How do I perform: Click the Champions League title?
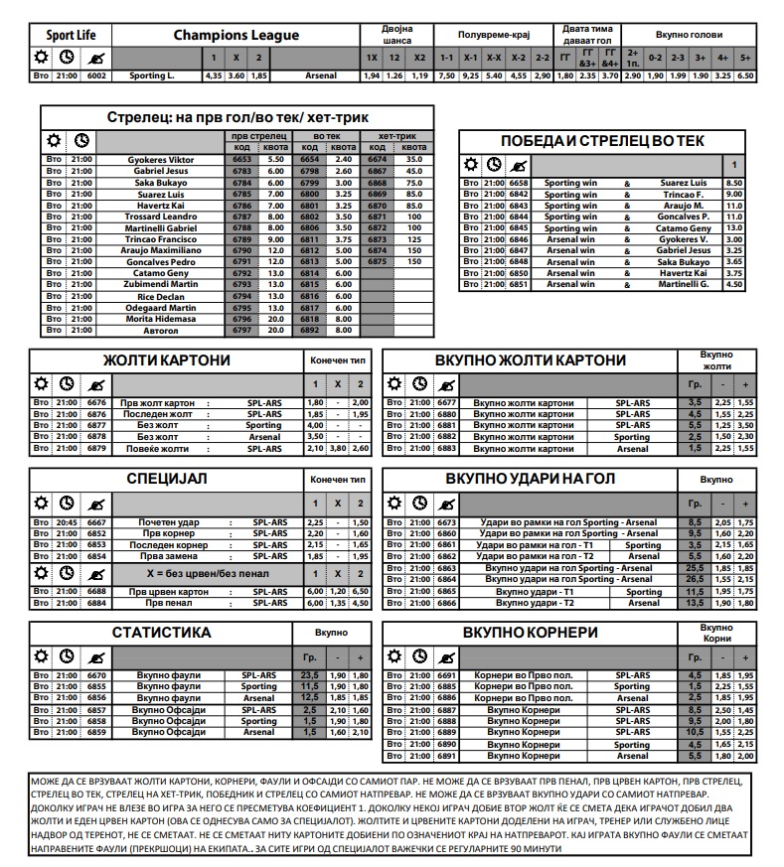coord(235,36)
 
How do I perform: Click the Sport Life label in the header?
coord(72,36)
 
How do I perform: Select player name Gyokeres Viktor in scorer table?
coord(161,159)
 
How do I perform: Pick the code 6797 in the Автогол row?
coord(241,331)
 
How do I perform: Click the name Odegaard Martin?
coord(161,308)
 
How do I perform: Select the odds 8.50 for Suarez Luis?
coord(734,184)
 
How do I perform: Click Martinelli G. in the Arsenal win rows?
coord(685,285)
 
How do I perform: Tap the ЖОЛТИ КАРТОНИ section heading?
coord(159,361)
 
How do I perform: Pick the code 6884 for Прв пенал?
coord(96,603)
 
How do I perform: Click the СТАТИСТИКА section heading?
coord(161,633)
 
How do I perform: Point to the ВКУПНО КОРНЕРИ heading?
coord(531,633)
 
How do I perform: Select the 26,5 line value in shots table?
coord(695,579)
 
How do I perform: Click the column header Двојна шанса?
coord(395,35)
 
